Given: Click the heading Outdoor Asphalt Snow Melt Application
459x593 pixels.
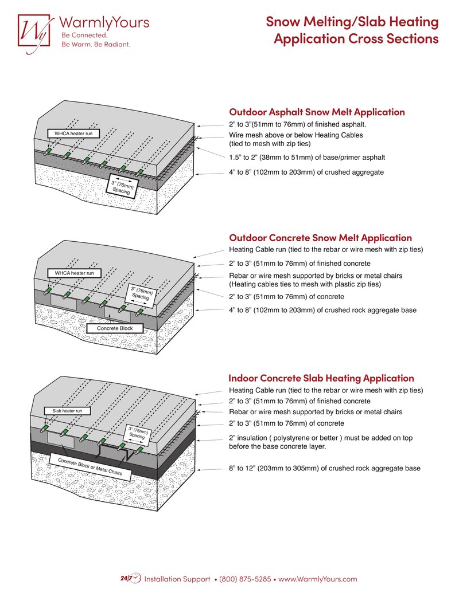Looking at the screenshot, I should point(317,112).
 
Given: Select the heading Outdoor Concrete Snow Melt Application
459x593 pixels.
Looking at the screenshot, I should point(320,237).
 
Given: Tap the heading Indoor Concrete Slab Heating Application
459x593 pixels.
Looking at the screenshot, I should point(321,378).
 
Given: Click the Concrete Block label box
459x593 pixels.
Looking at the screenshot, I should point(115,328).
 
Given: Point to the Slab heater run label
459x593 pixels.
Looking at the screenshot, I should point(67,411).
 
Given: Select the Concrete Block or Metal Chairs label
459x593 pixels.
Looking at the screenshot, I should point(90,468).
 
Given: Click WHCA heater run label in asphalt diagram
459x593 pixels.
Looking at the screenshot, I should point(73,133).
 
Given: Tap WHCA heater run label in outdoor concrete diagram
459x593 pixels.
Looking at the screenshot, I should point(73,273).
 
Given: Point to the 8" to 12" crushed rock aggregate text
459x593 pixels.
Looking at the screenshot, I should point(324,468).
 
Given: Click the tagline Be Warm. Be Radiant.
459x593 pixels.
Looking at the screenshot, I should point(95,44).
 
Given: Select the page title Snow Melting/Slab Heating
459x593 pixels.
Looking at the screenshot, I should point(352,22).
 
